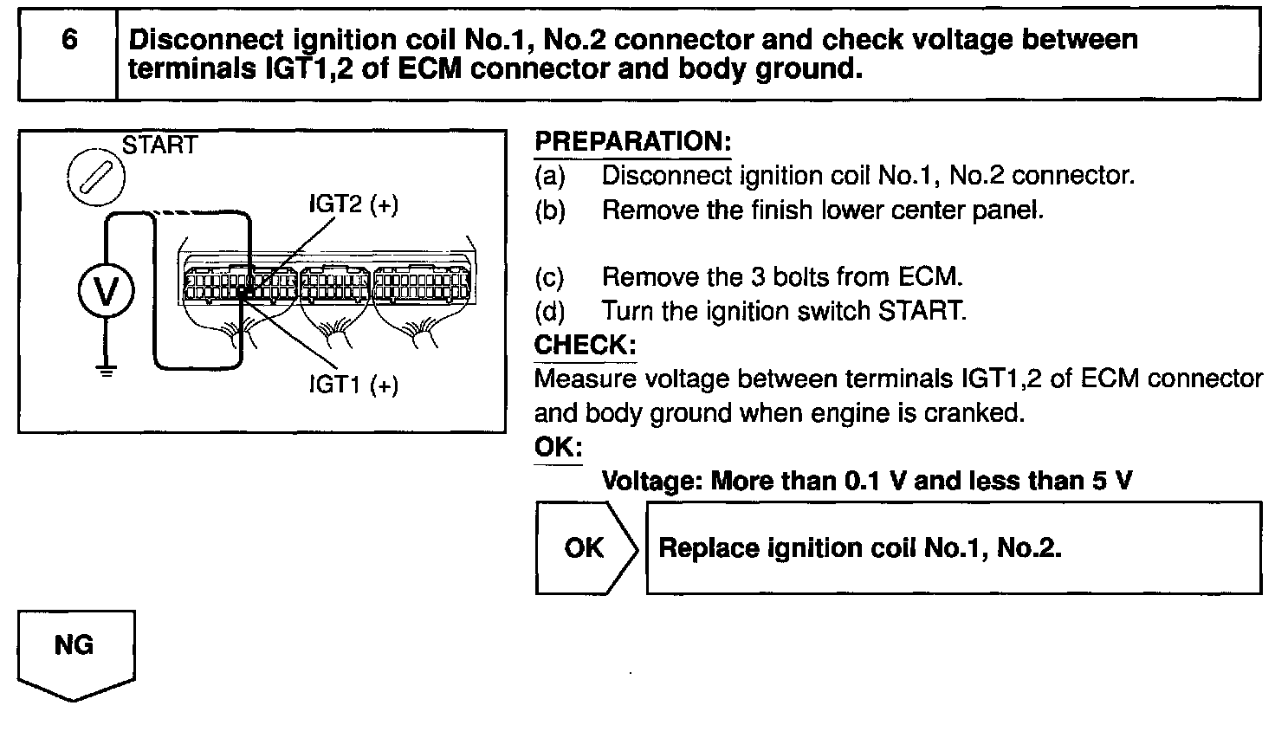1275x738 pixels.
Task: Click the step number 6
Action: point(68,40)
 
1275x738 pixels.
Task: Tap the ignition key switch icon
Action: point(95,180)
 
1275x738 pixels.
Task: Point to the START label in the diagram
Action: point(159,146)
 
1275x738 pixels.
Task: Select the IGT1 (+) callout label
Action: point(353,384)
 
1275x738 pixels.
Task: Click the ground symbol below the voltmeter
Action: point(106,373)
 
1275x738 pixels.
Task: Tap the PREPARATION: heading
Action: point(632,142)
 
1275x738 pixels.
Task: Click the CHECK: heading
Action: point(585,345)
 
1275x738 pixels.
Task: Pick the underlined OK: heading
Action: point(558,447)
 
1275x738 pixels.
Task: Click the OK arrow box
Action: point(585,547)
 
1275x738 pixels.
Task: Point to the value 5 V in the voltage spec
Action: point(1112,481)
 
